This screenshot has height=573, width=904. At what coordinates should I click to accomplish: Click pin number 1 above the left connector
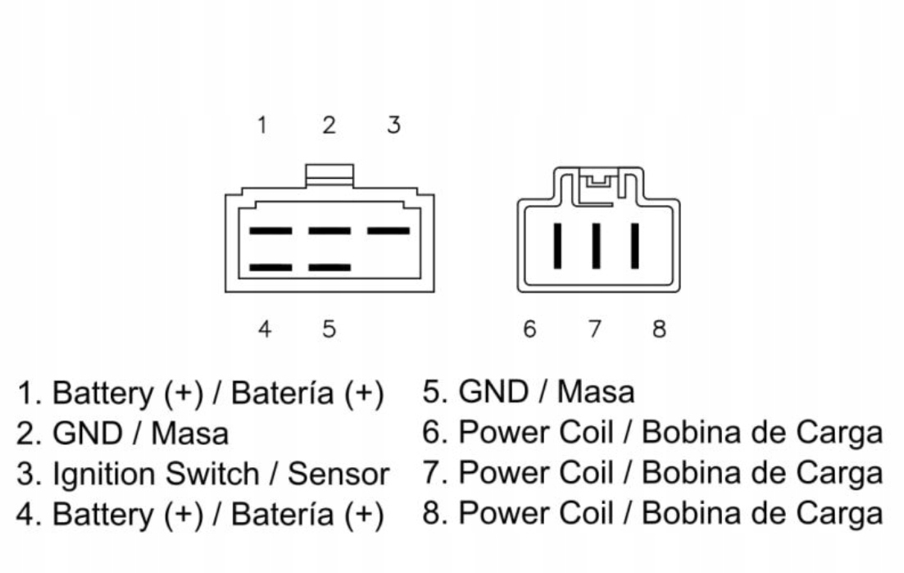262,125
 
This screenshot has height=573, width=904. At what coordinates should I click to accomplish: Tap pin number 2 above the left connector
329,125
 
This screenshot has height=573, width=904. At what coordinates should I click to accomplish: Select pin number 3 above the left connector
393,125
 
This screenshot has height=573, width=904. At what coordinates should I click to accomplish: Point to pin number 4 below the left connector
264,329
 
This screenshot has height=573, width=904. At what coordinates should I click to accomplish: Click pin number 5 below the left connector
329,329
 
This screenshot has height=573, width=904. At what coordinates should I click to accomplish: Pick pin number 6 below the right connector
529,330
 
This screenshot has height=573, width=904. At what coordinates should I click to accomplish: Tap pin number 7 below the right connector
594,330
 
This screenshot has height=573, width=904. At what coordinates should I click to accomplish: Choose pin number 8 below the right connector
659,330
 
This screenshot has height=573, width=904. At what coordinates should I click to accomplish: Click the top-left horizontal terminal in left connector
270,231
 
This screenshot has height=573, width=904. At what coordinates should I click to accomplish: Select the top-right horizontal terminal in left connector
388,231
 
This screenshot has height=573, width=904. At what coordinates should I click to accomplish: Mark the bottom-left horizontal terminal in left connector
270,267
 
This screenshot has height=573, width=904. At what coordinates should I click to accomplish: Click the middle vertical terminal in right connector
596,245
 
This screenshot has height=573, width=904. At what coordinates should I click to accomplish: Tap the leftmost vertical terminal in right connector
557,245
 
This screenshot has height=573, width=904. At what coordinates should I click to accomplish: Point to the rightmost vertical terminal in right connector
634,245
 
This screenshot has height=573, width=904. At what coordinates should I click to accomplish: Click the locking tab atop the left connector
329,174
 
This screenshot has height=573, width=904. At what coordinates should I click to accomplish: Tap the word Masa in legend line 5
596,393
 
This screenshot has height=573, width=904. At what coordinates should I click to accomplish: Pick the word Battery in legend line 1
102,393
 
